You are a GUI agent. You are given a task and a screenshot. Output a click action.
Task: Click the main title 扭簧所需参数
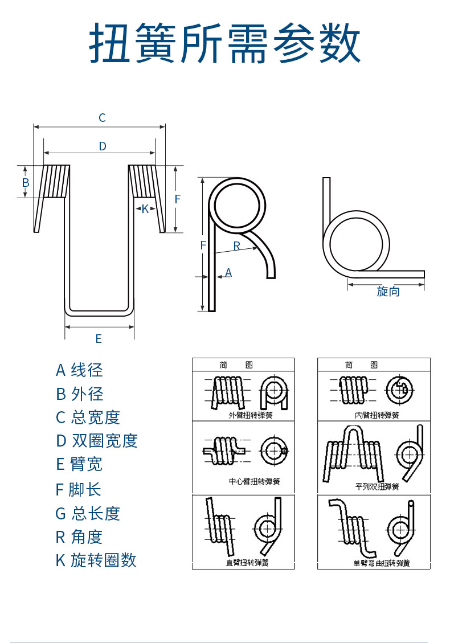pos(225,44)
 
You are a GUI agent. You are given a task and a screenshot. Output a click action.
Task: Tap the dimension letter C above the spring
pos(102,118)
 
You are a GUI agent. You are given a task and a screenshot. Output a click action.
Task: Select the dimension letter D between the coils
pos(103,146)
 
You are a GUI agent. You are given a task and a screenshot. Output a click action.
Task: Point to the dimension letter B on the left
pos(25,183)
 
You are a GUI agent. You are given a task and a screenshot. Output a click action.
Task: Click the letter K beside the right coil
pos(145,209)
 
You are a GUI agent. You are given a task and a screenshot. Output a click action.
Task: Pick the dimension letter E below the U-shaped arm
pos(99,339)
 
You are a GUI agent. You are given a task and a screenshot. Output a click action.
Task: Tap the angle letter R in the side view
pos(237,246)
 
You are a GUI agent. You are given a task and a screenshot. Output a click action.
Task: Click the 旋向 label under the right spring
pos(388,292)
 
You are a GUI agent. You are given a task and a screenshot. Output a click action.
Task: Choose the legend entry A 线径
pos(79,370)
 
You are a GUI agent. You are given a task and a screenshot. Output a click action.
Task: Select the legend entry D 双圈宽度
pos(97,441)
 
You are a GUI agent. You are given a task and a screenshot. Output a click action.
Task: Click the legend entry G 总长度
pos(88,514)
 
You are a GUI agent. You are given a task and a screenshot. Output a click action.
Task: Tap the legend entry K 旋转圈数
pos(96,560)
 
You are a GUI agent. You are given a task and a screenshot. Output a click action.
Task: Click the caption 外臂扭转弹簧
pos(250,415)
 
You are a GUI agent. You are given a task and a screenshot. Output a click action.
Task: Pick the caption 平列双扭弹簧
pos(377,487)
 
